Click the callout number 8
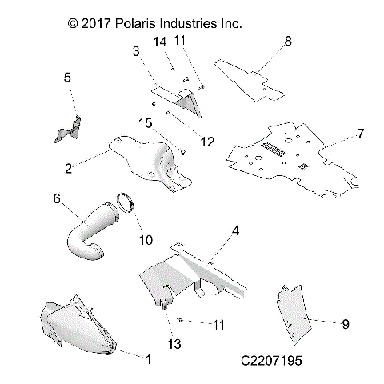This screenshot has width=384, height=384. tap(287, 40)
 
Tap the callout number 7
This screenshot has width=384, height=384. tap(360, 133)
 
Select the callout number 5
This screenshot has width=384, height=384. tap(67, 78)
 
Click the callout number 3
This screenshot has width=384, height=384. tap(137, 51)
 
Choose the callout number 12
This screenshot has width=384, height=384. tap(207, 142)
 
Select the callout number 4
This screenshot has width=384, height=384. tap(235, 232)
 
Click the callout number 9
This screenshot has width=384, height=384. tap(346, 324)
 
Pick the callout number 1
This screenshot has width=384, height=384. tap(146, 359)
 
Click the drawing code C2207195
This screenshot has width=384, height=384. tap(271, 362)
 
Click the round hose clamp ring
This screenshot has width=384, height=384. tap(126, 204)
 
